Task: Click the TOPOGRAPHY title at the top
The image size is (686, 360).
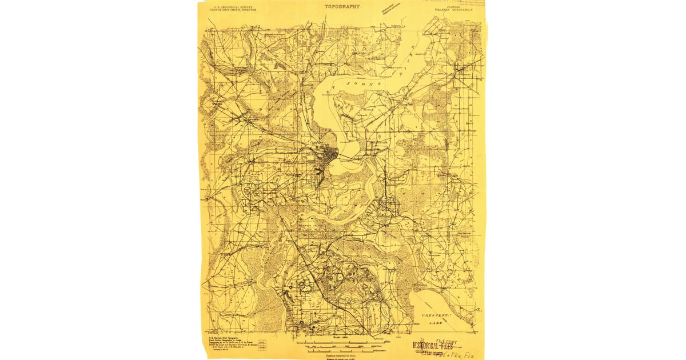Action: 342,6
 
